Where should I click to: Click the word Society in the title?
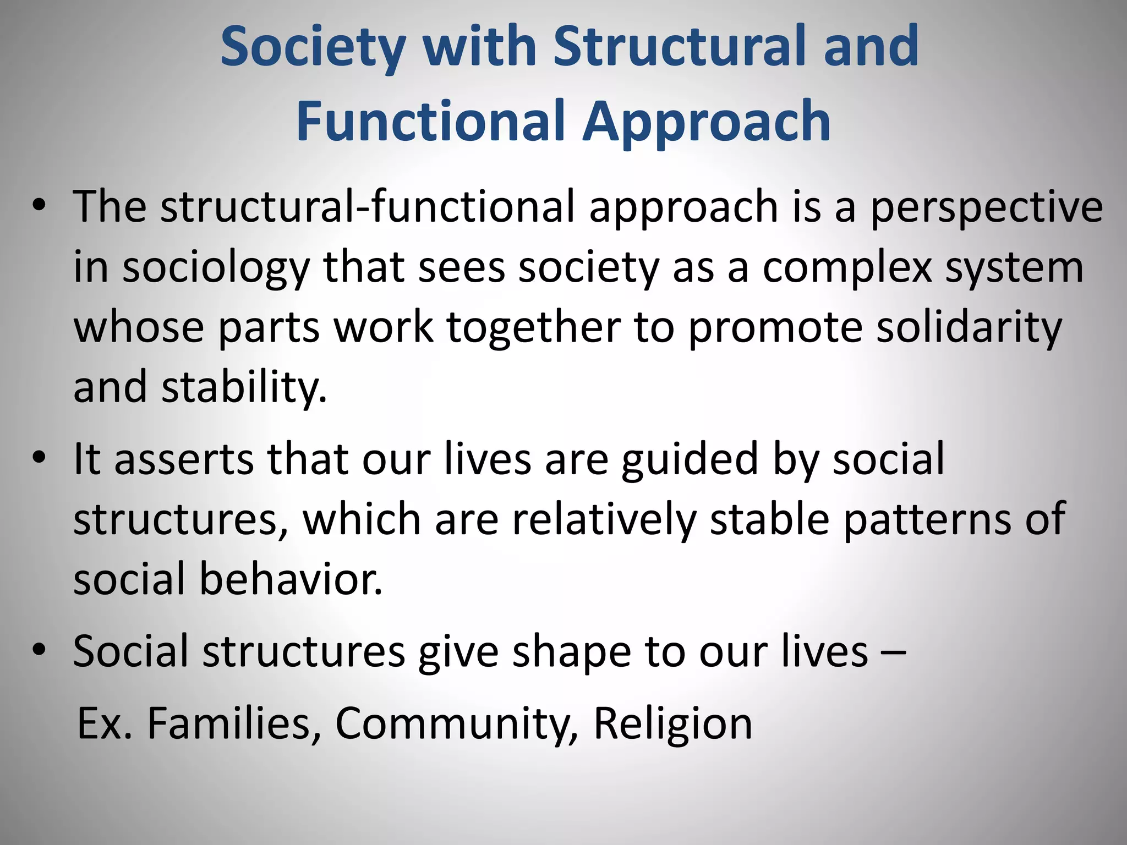pos(313,47)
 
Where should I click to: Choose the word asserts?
pos(184,459)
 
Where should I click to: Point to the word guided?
pos(690,460)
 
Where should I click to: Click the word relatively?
pos(604,519)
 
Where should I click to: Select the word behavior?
pos(291,579)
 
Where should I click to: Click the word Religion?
pos(672,724)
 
